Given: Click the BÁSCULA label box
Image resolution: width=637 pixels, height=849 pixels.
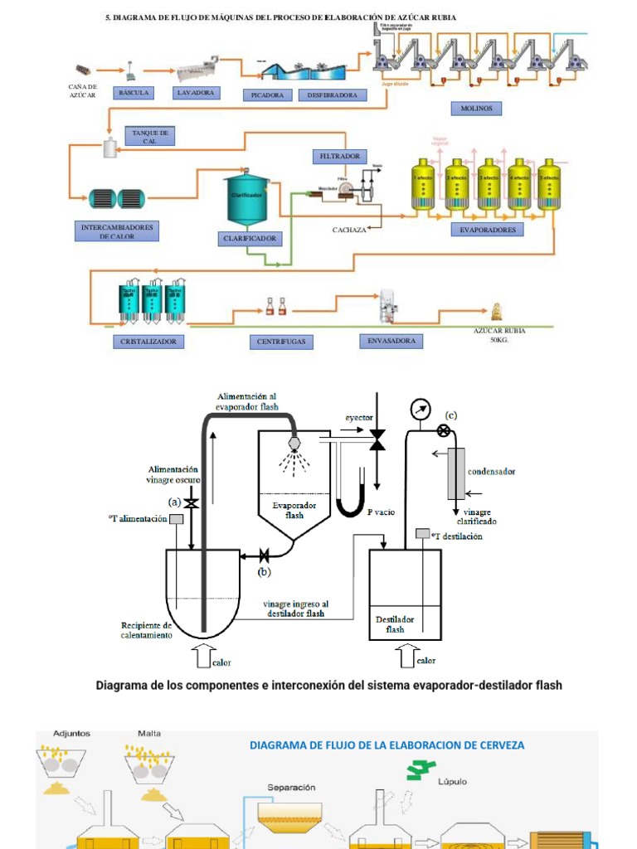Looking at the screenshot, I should [134, 93].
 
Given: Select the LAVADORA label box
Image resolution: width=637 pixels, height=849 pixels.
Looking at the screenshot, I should [196, 93].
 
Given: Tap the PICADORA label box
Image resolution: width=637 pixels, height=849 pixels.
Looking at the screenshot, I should [268, 95].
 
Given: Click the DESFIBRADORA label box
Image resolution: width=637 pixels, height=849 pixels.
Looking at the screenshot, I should [332, 95].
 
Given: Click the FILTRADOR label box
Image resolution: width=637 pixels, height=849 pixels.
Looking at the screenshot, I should [339, 156].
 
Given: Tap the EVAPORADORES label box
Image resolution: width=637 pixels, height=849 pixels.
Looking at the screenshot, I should [488, 230].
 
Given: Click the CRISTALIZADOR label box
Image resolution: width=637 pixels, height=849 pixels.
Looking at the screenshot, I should [148, 342].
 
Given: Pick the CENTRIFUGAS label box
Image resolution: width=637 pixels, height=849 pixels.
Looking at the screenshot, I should [281, 342].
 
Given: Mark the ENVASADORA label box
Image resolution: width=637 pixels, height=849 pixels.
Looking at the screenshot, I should [391, 341].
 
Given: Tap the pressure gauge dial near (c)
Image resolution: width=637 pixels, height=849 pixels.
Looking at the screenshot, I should [421, 410].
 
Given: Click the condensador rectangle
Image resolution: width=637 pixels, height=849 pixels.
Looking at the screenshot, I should [456, 473].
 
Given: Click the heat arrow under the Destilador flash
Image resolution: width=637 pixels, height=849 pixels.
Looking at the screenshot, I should [407, 658].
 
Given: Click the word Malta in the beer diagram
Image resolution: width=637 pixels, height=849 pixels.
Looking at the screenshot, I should [150, 734].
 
